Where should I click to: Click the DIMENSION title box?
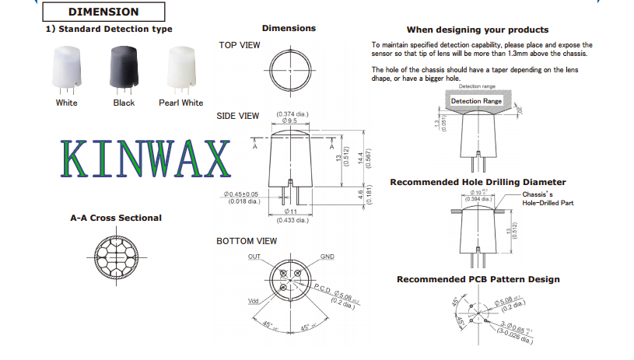103,12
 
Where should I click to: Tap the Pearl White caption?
180,103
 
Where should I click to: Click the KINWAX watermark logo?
145,160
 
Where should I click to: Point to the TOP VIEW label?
239,45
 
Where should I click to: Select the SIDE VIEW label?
238,116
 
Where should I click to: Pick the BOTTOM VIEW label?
246,241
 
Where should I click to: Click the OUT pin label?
254,257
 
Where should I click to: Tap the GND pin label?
328,257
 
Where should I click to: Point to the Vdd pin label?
253,300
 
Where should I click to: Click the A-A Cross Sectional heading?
116,218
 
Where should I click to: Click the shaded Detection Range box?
476,101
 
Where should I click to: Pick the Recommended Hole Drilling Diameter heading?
478,182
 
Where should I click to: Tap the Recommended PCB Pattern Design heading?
478,279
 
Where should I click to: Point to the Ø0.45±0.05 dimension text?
241,194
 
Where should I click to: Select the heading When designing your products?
477,30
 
